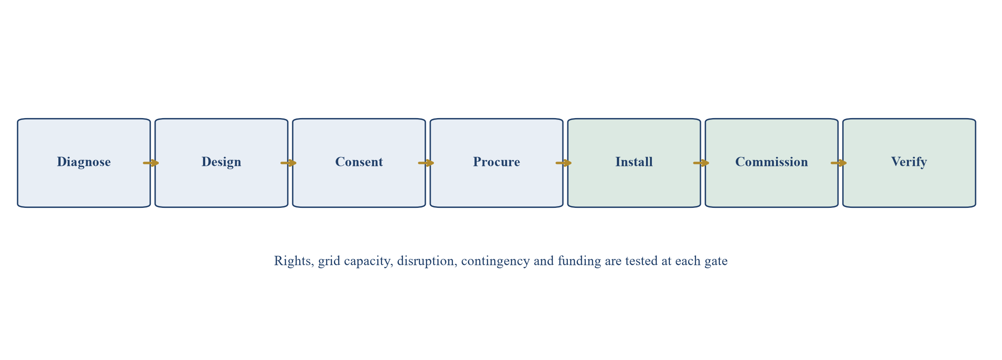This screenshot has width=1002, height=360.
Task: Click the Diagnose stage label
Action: point(84,162)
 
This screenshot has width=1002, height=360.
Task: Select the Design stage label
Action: point(221,162)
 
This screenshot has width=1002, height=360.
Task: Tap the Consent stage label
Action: point(359,162)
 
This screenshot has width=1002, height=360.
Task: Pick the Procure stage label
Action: point(496,162)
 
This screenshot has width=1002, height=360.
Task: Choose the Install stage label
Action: point(634,162)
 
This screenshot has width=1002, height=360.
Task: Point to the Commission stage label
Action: point(771,162)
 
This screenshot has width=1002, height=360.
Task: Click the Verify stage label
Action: point(909,162)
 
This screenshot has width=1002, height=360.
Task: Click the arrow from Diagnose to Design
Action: point(151,163)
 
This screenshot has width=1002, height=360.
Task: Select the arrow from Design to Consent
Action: point(288,163)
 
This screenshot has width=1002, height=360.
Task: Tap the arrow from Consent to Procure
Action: point(426,163)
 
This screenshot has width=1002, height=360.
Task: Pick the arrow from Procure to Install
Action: point(563,163)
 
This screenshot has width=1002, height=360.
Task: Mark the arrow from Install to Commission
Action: point(701,163)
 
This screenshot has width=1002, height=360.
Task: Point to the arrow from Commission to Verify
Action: point(838,163)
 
